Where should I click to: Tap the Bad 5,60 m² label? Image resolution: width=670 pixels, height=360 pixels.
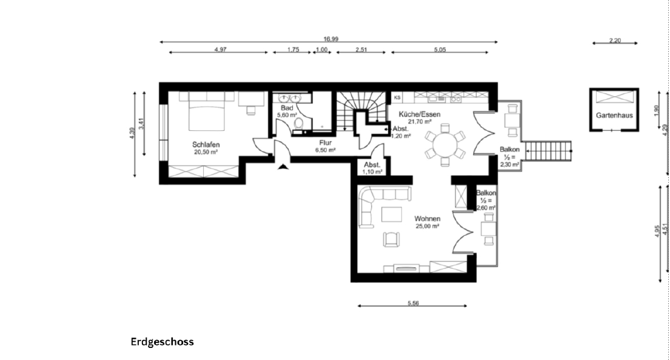point(287,112)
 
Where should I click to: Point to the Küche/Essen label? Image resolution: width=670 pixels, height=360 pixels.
point(419,115)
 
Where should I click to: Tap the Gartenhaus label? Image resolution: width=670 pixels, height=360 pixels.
point(614,115)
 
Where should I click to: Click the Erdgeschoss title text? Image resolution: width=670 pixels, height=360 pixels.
point(162,342)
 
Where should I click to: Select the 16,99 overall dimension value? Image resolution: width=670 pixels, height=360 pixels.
point(330,39)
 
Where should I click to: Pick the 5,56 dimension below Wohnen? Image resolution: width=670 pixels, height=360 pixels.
point(413,303)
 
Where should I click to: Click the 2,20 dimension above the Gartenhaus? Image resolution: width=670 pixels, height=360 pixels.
point(615,41)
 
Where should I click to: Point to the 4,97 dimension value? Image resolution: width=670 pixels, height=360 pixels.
point(221,50)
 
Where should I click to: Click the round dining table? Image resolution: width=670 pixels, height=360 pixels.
point(445,145)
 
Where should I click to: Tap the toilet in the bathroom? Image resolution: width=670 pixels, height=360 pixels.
point(298,124)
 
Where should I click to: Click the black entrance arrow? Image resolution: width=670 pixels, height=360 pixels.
point(283,167)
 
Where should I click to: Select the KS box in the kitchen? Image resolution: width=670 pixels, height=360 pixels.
point(397,98)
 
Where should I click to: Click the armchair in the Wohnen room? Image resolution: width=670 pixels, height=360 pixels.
point(392,239)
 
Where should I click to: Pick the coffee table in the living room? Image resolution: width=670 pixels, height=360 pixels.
point(392,215)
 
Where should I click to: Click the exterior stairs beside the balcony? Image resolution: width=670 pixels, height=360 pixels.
point(548,151)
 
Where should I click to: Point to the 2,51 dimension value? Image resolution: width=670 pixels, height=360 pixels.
point(361,50)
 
